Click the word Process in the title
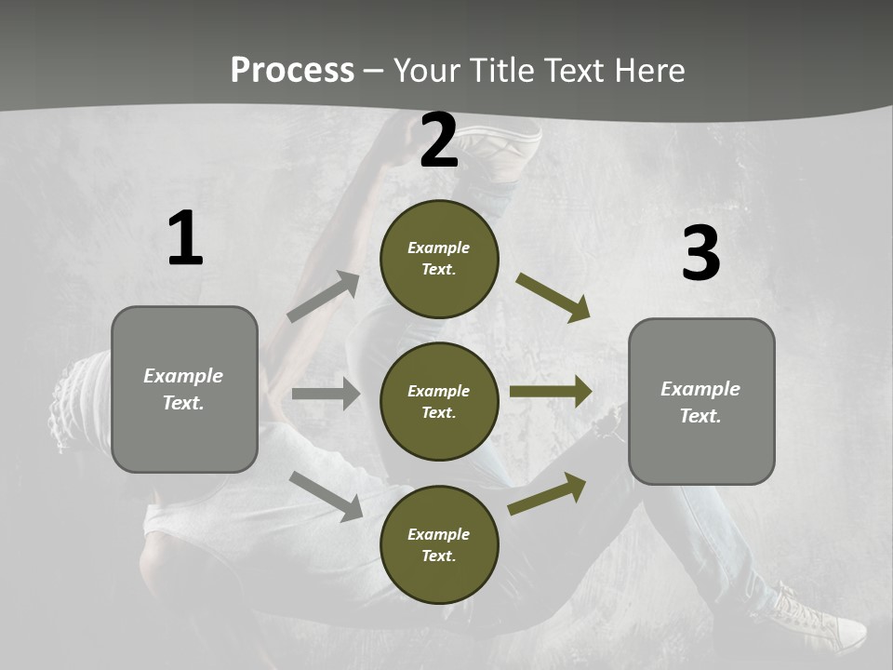coord(292,70)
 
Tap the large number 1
coord(185,239)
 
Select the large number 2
coord(438,141)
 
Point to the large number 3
coord(700,253)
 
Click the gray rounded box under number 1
coord(184,389)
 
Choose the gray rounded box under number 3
coord(701,401)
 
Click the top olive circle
coord(439,259)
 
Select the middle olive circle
coord(439,401)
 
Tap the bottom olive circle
coord(439,544)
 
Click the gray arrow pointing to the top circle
coord(324,297)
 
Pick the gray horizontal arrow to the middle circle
coord(326,394)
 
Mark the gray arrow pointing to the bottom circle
coord(326,495)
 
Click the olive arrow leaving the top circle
coord(553,298)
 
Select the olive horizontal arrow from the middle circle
coord(551,392)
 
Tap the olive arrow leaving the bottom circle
coord(547,493)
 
